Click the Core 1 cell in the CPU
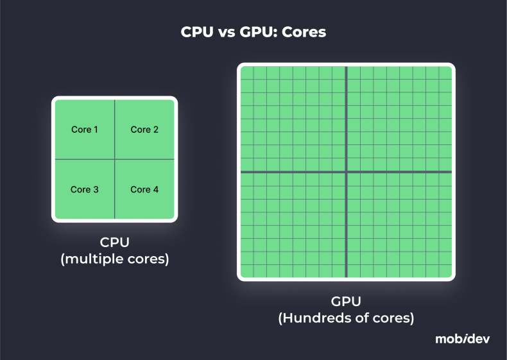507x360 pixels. (85, 130)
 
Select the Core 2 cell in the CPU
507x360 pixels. (144, 130)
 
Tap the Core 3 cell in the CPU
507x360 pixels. (85, 189)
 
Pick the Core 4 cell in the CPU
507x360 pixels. (144, 189)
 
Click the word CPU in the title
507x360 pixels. (195, 32)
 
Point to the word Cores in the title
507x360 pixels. (304, 32)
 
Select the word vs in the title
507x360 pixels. (224, 32)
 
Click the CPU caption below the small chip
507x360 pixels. (114, 243)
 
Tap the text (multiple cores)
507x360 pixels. (114, 260)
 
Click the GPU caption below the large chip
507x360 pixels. (346, 301)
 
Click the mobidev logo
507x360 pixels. (462, 339)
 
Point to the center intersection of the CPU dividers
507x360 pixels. (115, 159)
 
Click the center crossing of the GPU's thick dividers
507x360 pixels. (347, 172)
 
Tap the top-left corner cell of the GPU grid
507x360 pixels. (247, 73)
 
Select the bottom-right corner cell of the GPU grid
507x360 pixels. (445, 272)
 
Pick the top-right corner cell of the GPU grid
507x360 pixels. (445, 73)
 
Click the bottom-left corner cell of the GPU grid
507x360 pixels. (247, 272)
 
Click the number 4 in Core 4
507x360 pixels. (156, 189)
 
